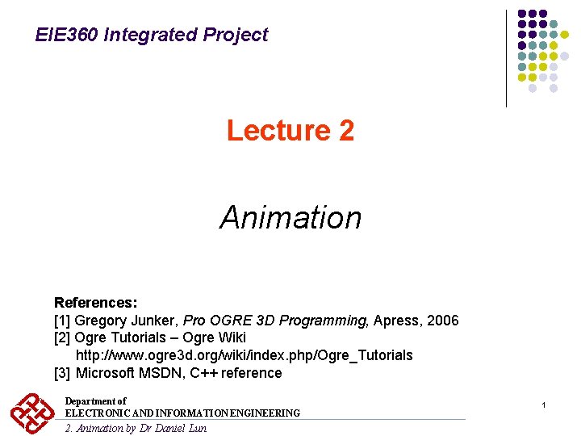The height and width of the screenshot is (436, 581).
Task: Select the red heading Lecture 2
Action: click(290, 130)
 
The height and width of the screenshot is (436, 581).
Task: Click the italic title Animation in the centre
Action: click(290, 217)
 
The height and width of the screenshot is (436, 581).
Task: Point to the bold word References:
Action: click(95, 303)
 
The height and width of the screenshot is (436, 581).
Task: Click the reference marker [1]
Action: click(62, 321)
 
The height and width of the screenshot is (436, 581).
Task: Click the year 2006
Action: click(441, 321)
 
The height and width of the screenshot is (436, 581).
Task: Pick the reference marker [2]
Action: click(62, 337)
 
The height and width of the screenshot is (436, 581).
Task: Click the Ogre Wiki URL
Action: click(244, 355)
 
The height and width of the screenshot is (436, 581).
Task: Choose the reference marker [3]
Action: click(62, 373)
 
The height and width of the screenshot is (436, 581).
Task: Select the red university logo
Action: click(32, 414)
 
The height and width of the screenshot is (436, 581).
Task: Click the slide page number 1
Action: click(544, 404)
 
